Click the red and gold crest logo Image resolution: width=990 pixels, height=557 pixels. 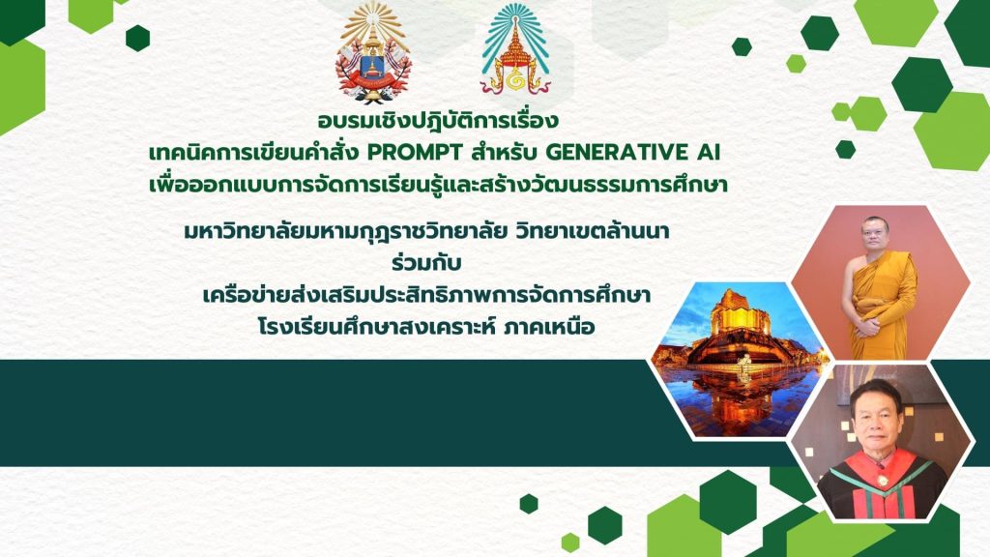coord(374,52)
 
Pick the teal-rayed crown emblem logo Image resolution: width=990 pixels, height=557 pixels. coord(516,49)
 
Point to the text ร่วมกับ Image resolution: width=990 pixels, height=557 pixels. coord(426,262)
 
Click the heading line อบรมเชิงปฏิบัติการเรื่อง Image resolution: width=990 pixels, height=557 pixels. coord(438,119)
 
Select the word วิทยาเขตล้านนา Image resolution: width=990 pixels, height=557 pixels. coord(592,232)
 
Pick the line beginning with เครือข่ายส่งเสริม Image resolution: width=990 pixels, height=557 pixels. coord(426,295)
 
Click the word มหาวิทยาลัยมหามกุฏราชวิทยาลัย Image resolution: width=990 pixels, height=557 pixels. coord(346,232)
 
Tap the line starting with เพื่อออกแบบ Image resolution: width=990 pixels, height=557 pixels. coord(438,185)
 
